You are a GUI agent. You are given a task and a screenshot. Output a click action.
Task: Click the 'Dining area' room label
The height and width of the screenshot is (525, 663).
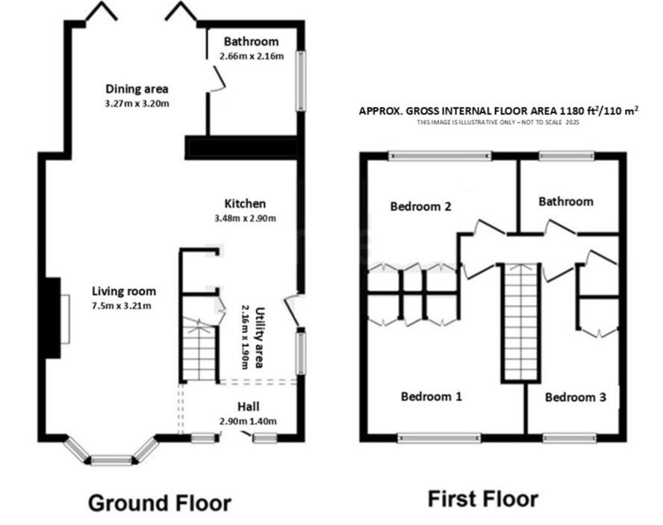click(137, 89)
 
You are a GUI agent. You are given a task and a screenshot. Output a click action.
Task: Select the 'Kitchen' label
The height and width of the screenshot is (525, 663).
click(245, 203)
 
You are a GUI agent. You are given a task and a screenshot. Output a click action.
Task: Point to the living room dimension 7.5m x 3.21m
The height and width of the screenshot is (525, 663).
click(123, 305)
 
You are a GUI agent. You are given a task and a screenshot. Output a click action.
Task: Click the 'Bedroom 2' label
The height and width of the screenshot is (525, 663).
click(420, 207)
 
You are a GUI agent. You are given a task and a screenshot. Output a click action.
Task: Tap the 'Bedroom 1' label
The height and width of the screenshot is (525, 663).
click(431, 397)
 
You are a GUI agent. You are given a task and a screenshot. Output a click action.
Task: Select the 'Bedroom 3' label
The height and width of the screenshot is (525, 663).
click(574, 397)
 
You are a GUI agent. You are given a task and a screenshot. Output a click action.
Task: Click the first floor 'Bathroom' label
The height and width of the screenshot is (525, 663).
click(566, 201)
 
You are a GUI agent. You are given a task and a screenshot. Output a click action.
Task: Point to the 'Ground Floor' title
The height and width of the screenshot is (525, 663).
click(160, 503)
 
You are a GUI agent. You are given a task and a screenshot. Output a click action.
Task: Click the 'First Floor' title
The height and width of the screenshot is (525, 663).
click(482, 498)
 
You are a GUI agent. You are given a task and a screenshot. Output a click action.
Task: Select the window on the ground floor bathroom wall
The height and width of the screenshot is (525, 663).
click(302, 80)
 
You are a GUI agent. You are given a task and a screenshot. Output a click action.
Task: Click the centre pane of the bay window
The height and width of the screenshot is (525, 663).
click(111, 459)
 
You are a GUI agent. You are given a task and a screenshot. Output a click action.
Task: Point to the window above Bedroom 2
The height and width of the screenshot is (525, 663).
click(440, 156)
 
